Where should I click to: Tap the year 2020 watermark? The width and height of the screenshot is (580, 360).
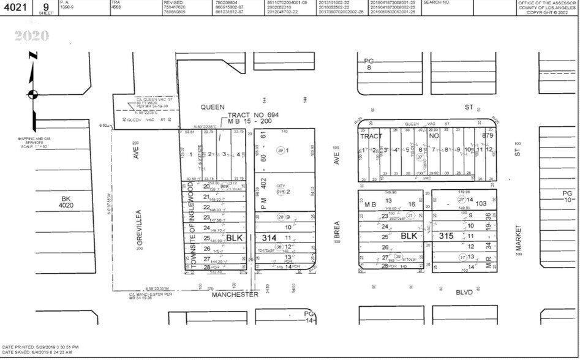(31, 36)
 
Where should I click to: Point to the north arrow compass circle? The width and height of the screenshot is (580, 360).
(32, 94)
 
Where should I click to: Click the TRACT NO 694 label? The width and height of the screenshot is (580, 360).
(253, 115)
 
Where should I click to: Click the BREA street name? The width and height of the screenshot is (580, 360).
(336, 233)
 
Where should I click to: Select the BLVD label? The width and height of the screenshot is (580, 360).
(465, 293)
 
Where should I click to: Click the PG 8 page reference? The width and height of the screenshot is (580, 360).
(368, 64)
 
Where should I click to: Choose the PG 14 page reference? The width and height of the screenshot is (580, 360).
(309, 317)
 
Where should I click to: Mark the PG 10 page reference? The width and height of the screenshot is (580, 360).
(567, 196)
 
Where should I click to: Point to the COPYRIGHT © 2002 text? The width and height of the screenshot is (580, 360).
(547, 12)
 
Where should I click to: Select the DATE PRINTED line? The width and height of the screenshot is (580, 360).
(40, 347)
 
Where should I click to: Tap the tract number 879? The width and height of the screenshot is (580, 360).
(487, 135)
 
